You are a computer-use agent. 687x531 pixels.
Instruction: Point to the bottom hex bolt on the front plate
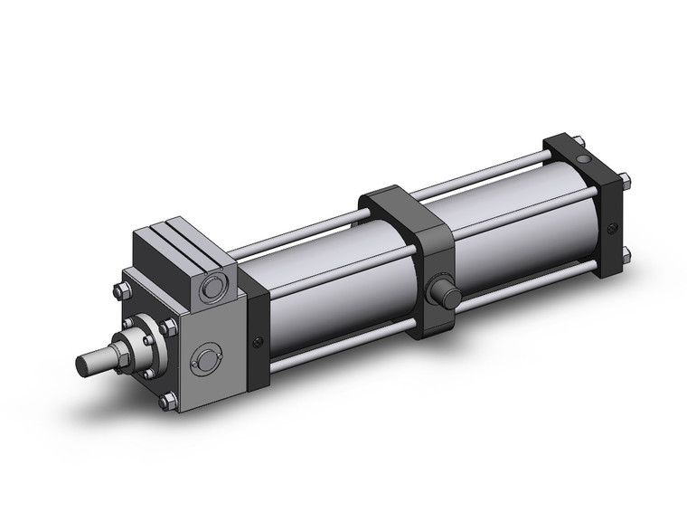point(165,401)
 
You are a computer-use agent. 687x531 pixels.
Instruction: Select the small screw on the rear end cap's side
point(614,228)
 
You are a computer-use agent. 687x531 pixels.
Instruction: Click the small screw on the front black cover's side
point(259,341)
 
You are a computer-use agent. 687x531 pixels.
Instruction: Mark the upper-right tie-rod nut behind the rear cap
point(626,174)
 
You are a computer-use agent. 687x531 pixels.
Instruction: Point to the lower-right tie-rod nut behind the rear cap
point(627,254)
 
